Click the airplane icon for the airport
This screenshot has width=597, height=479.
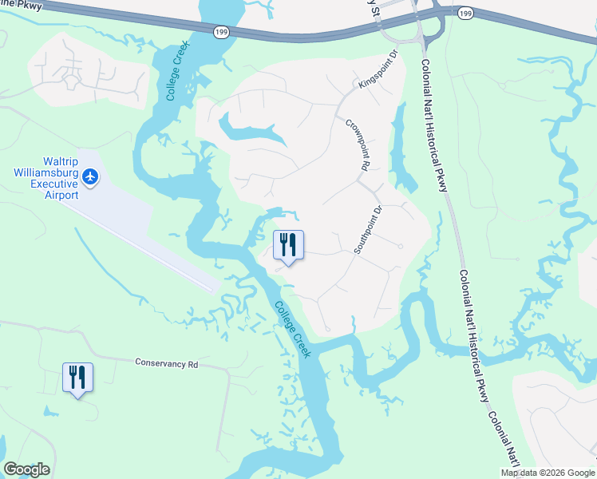pos(90,176)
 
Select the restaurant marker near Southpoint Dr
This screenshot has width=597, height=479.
pos(288,244)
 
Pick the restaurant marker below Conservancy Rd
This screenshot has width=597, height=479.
pos(77,377)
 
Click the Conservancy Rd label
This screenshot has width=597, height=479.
pos(166,363)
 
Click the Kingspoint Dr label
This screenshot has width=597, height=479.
pos(378,71)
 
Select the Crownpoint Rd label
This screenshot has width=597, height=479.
pos(356,145)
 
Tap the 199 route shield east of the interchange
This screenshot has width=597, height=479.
pos(465,13)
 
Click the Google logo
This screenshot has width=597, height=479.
pos(26,469)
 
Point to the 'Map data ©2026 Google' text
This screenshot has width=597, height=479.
pos(547,473)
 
